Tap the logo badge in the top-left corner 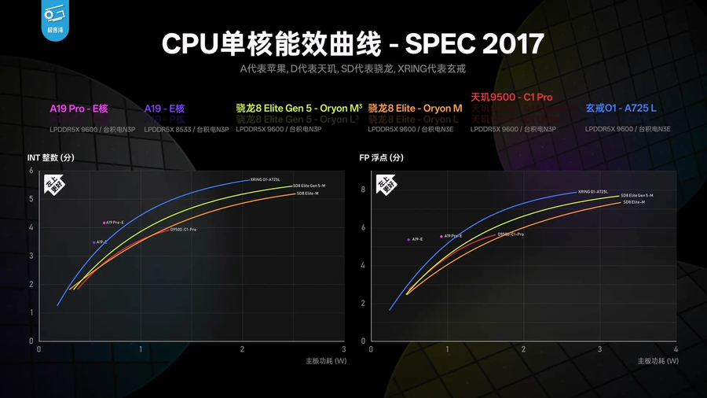click(x=54, y=18)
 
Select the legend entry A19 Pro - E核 click(x=79, y=109)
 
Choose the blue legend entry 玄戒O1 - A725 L click(x=621, y=109)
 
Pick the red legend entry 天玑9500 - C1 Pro click(x=511, y=98)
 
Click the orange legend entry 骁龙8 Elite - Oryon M click(x=415, y=109)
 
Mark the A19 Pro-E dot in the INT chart click(x=104, y=223)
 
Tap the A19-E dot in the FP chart click(x=408, y=240)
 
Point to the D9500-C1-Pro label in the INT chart click(x=183, y=230)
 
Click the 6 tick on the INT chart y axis click(x=31, y=171)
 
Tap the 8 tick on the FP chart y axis click(x=363, y=190)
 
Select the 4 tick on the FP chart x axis click(x=676, y=348)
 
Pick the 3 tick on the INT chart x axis click(x=343, y=348)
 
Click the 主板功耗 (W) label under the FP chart click(x=657, y=361)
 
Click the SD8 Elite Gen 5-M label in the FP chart click(x=636, y=195)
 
